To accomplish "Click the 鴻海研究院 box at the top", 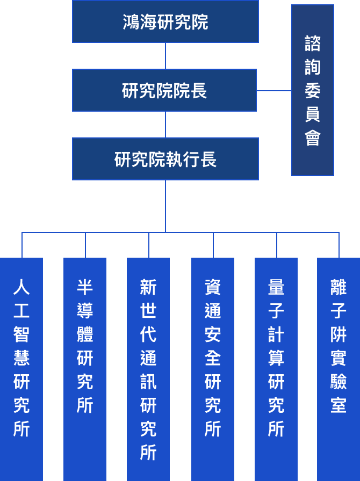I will tap(165, 21).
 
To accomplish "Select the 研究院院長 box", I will tap(164, 90).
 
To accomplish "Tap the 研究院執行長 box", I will tap(165, 159).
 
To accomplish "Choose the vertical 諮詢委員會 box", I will tap(313, 90).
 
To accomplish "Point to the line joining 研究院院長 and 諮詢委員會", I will tap(274, 91).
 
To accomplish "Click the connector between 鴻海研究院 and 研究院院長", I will tap(165, 56).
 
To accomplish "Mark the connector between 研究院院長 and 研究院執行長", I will tap(165, 125).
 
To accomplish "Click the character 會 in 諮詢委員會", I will tap(313, 138).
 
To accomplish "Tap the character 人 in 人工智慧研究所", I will tap(21, 287).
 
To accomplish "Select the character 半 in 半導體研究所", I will tap(85, 287).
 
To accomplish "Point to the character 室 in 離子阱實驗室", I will tap(339, 405).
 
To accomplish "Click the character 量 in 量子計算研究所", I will tap(276, 287).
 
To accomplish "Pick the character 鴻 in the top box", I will tap(131, 22).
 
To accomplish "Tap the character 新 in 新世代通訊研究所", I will tap(148, 287).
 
